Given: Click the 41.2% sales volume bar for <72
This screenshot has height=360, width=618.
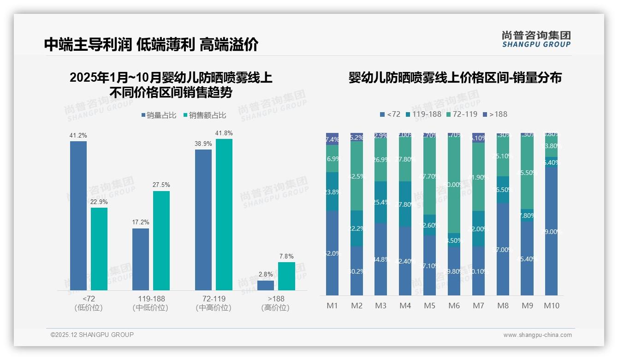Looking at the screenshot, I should click(x=78, y=216).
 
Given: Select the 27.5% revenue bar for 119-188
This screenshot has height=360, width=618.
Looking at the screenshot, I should click(x=161, y=240).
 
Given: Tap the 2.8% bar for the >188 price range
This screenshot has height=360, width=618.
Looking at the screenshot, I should click(x=266, y=285).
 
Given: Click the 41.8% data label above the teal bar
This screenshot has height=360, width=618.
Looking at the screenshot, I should click(x=224, y=133).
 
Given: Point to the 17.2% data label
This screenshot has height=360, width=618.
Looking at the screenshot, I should click(x=141, y=222).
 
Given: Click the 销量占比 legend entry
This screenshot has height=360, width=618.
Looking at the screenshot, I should click(x=159, y=115).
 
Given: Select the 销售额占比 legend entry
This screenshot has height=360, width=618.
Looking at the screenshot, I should click(x=204, y=115).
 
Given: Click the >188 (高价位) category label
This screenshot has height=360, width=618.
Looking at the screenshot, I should click(x=275, y=303).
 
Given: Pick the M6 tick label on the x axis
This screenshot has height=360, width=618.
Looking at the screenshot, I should click(x=454, y=306).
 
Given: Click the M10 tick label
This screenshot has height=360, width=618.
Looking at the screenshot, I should click(x=552, y=306).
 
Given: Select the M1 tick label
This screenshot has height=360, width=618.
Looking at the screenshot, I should click(x=332, y=306).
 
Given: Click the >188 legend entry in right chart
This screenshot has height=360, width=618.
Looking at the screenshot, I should click(x=495, y=114).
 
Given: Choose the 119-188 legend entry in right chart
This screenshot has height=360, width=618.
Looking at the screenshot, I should click(x=422, y=114).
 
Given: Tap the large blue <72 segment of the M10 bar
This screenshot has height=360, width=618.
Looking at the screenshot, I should click(x=552, y=231).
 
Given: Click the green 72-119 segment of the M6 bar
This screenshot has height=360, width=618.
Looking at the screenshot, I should click(x=454, y=185).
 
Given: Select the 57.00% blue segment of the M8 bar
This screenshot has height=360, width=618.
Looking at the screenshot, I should click(x=503, y=249).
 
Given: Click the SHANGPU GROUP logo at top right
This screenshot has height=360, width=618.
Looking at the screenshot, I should click(x=536, y=39).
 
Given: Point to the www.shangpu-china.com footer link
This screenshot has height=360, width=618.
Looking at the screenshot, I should click(x=537, y=335).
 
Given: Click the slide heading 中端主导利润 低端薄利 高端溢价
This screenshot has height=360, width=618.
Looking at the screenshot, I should click(x=151, y=44).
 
